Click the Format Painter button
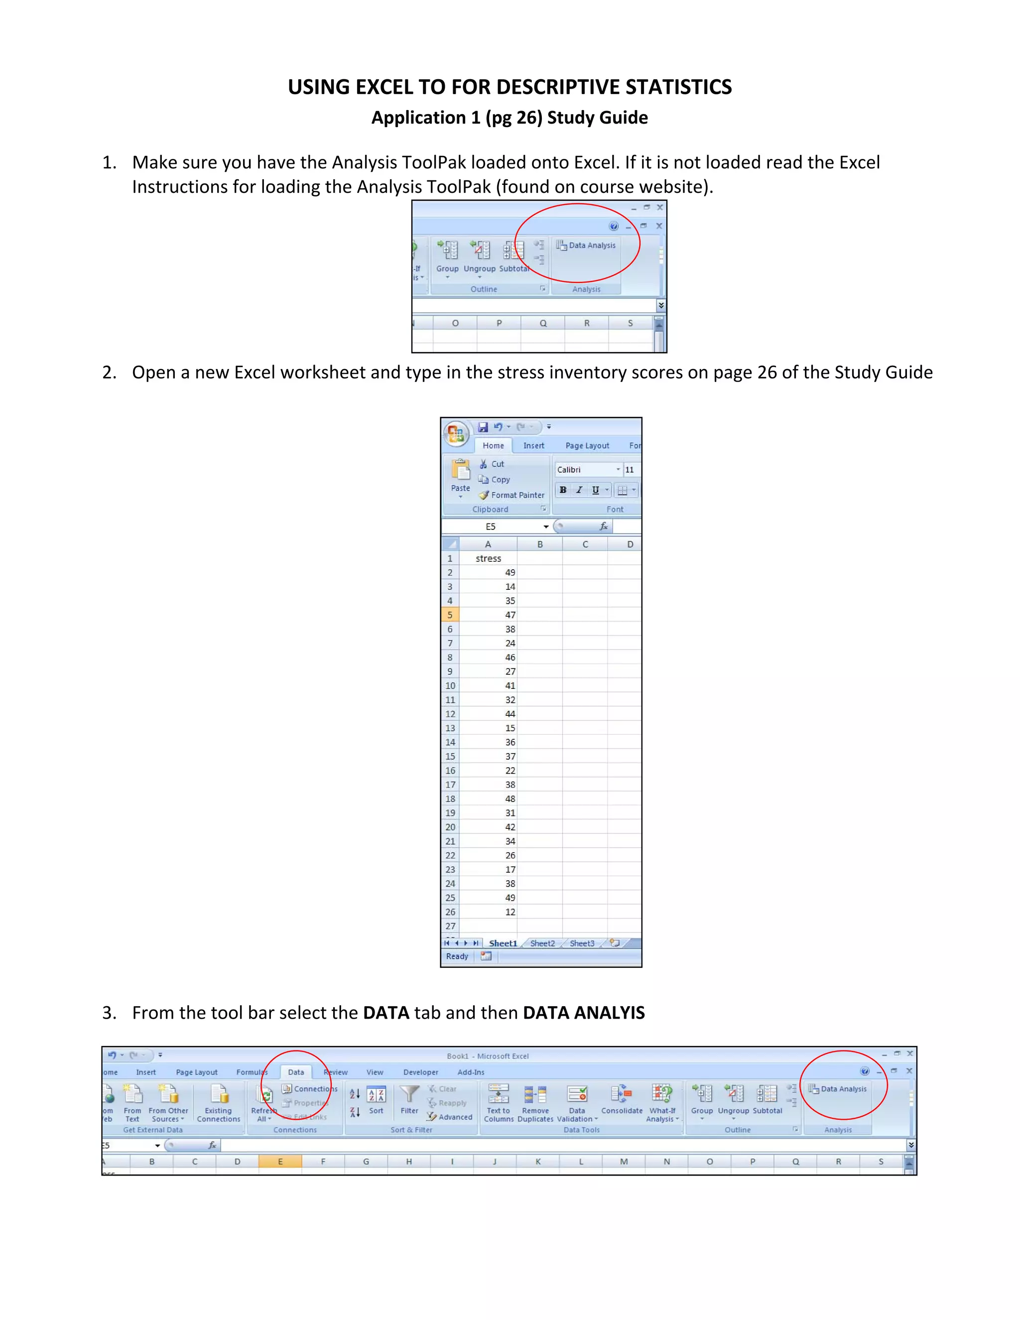512,495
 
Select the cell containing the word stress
488,558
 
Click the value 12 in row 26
510,912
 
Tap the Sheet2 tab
542,943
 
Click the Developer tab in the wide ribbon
420,1072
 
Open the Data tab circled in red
296,1072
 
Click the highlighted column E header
280,1162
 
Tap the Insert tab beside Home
533,445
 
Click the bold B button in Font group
563,490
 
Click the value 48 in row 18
510,799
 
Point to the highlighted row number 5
450,615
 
